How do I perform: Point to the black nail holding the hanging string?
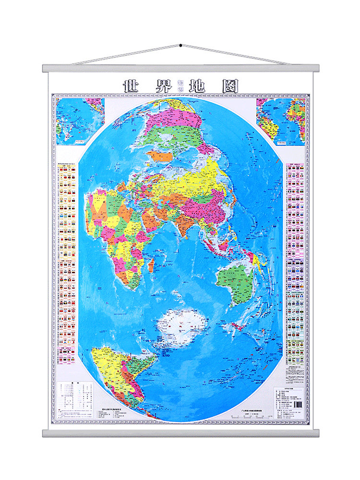pyautogui.click(x=180, y=46)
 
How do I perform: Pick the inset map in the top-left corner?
pyautogui.click(x=80, y=121)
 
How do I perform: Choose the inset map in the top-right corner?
pyautogui.click(x=281, y=121)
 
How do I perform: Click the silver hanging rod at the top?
pyautogui.click(x=180, y=68)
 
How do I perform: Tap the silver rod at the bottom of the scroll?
pyautogui.click(x=180, y=433)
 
